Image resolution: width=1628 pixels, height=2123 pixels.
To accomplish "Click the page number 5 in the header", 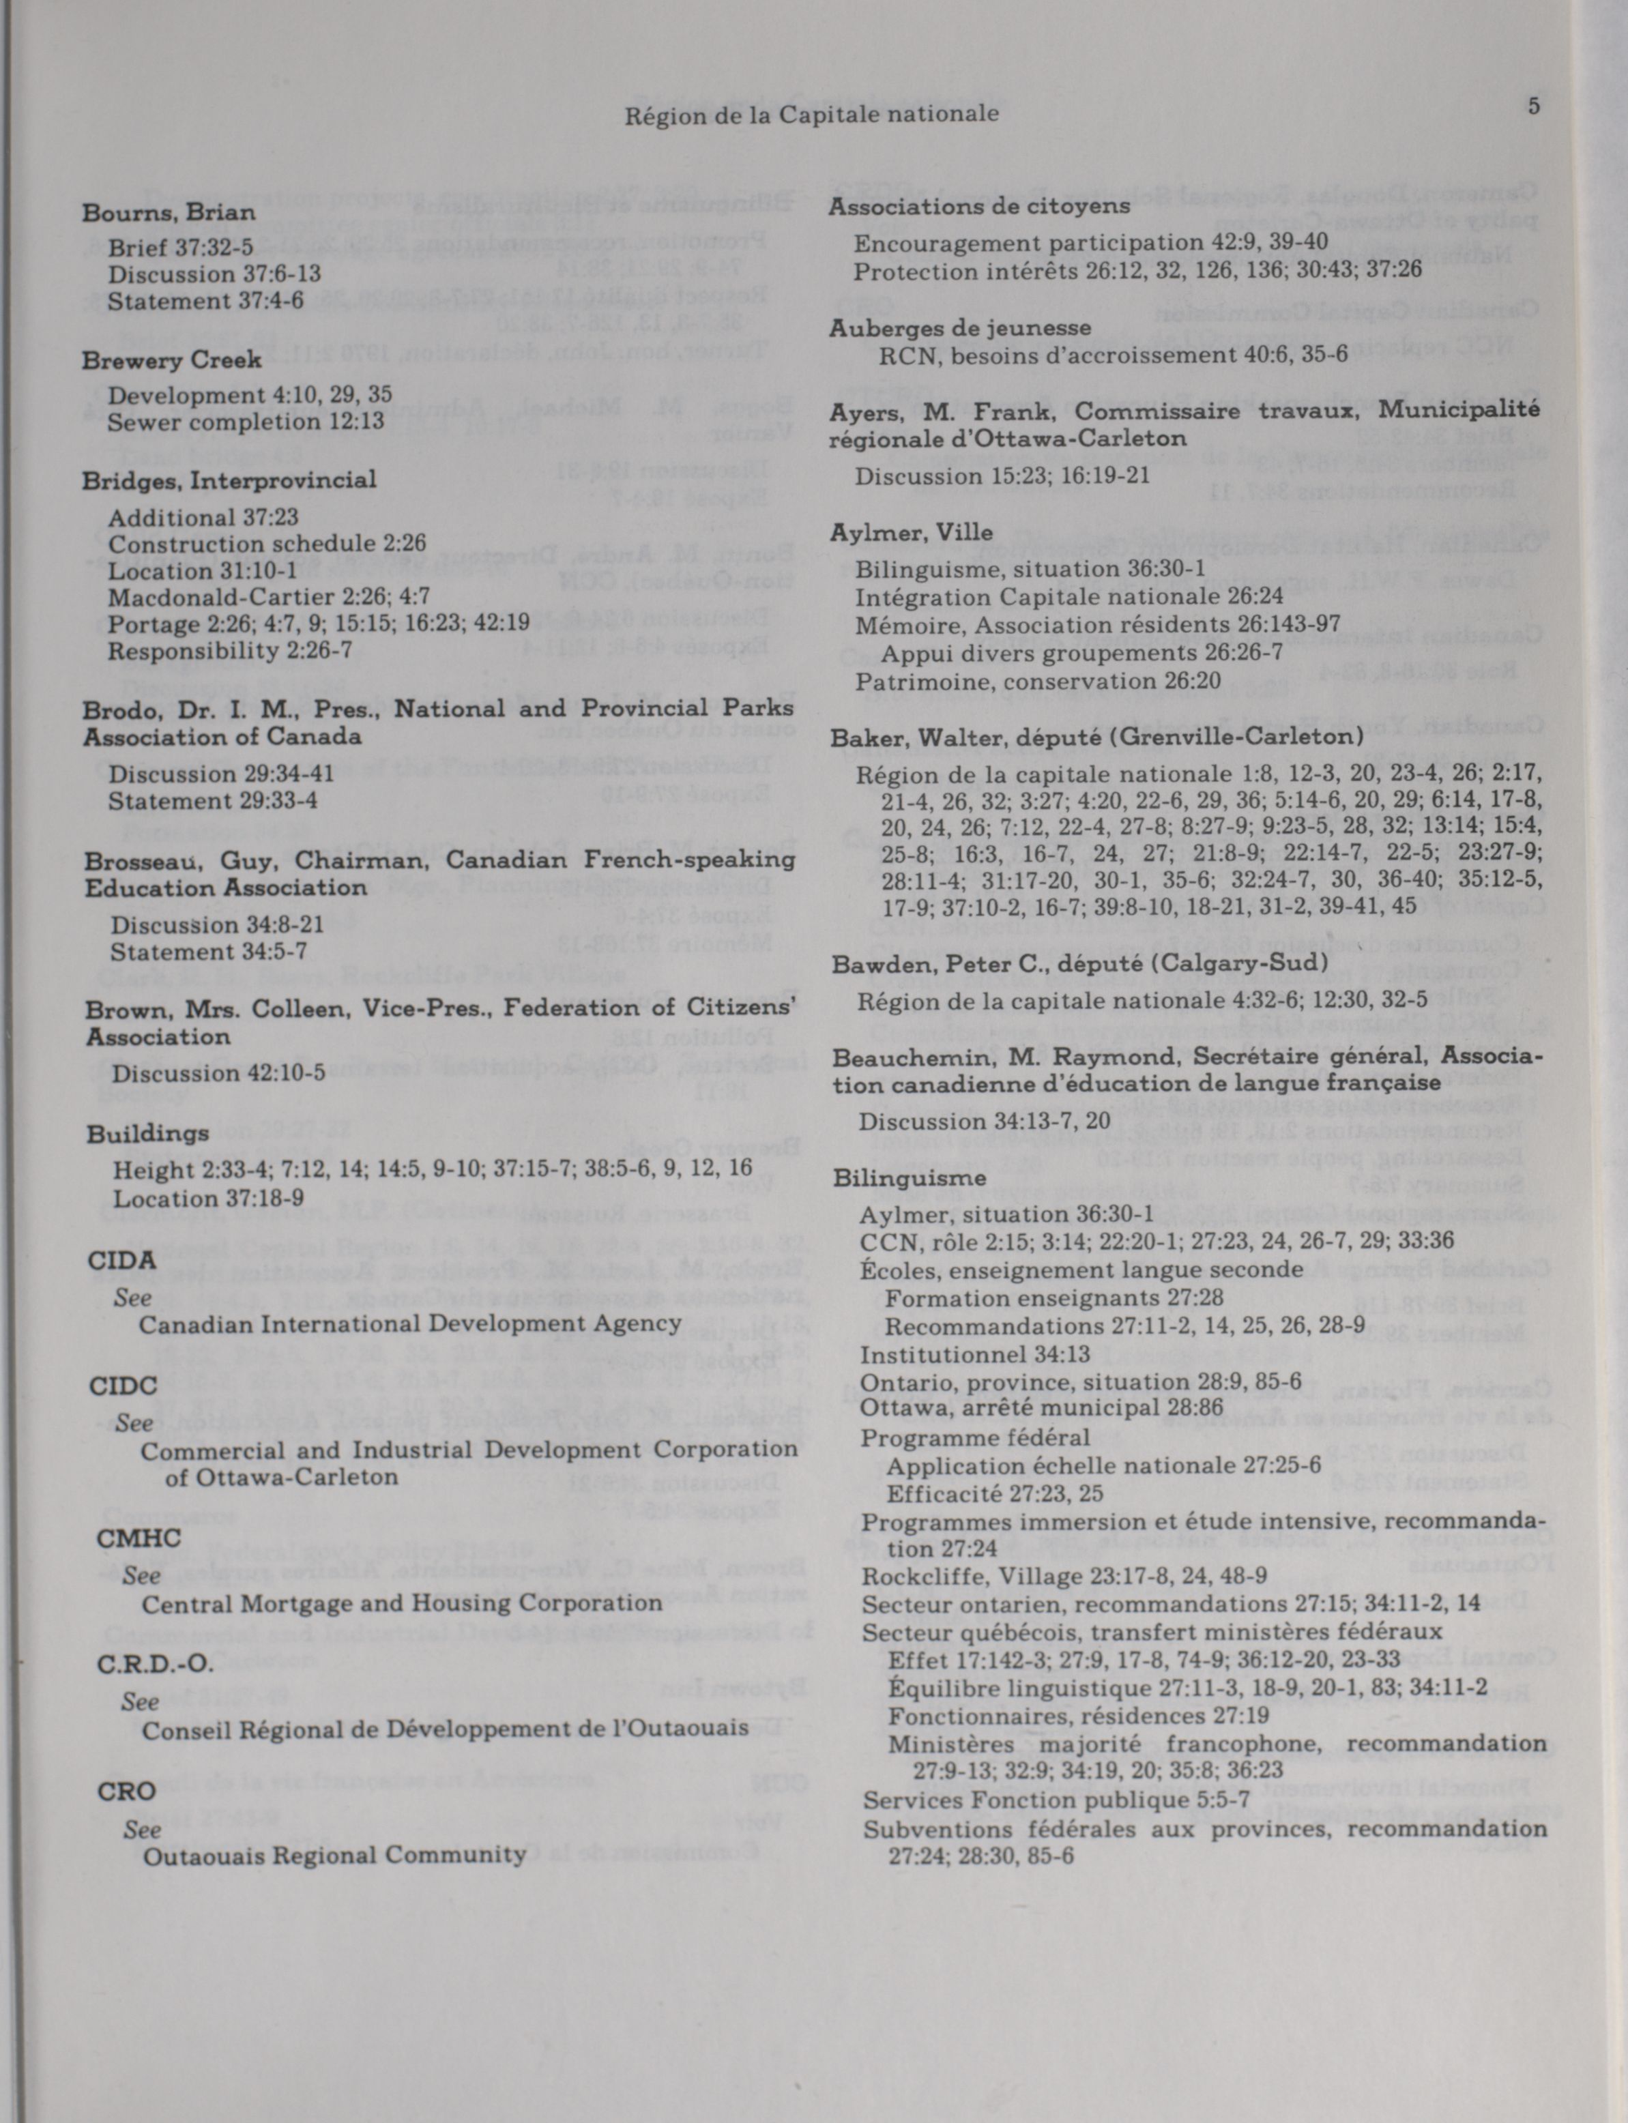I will tap(1533, 106).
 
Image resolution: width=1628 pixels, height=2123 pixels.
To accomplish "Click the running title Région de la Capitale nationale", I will tap(811, 115).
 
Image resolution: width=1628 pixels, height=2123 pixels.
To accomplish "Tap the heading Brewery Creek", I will tap(171, 360).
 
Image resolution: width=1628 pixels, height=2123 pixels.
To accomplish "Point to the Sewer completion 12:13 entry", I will tap(245, 422).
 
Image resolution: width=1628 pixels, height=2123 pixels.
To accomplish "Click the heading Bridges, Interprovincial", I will tap(229, 480).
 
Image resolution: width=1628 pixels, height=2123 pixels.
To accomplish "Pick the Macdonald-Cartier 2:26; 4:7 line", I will tap(268, 597).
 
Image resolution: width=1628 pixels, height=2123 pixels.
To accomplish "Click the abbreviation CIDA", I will tap(121, 1261).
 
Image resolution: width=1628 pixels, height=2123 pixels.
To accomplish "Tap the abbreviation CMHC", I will tap(138, 1538).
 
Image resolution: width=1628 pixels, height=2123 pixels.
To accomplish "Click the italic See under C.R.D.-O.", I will tap(141, 1701).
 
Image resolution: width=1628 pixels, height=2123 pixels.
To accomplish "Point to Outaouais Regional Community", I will tap(334, 1856).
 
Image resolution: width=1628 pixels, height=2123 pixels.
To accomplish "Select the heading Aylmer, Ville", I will tap(911, 533).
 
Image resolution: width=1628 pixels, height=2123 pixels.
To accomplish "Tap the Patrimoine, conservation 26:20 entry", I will tap(1037, 682).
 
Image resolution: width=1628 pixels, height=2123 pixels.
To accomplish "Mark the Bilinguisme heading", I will tap(909, 1178).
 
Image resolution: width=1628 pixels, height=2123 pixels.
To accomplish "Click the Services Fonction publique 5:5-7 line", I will tap(1056, 1800).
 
